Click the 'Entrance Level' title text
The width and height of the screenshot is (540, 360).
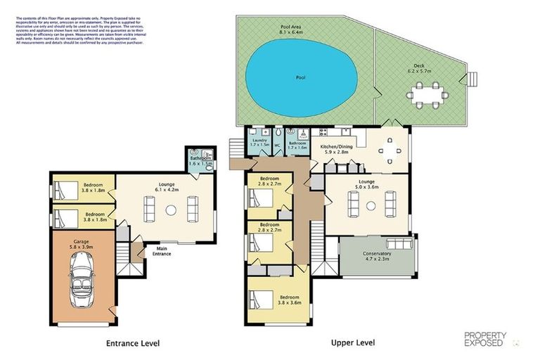(x=133, y=343)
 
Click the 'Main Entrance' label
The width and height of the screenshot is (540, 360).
(x=165, y=251)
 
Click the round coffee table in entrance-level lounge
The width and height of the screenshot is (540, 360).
(x=170, y=210)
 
